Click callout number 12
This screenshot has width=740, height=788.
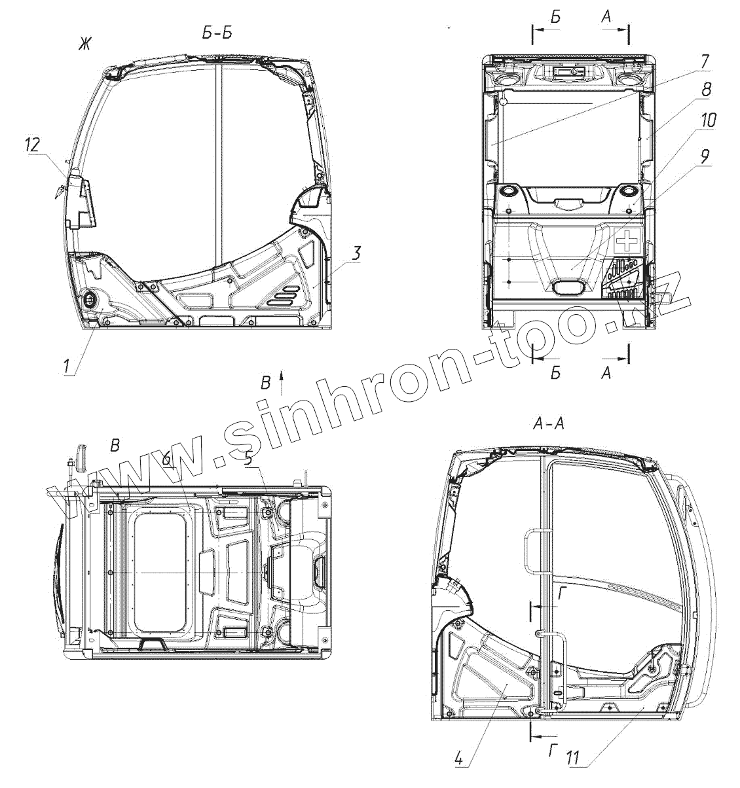click(33, 145)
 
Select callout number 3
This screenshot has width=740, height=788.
click(356, 253)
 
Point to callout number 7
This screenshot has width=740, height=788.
click(704, 62)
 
